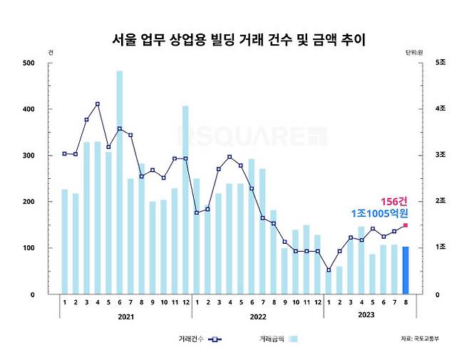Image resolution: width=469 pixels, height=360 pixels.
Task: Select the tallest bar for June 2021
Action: (119, 182)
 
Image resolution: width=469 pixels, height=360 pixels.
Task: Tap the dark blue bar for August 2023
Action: (406, 270)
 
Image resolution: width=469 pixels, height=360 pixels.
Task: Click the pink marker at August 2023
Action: (406, 225)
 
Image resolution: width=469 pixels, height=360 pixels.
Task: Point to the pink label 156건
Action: (393, 201)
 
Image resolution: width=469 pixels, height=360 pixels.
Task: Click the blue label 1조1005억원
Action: (378, 214)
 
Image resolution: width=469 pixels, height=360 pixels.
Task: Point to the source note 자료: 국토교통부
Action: (420, 339)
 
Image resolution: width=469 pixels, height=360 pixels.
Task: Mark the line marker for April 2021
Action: (97, 104)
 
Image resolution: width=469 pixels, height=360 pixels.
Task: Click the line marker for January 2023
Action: (329, 269)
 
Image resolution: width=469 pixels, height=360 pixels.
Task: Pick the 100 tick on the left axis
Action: (29, 248)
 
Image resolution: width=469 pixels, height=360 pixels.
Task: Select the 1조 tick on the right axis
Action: (442, 248)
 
